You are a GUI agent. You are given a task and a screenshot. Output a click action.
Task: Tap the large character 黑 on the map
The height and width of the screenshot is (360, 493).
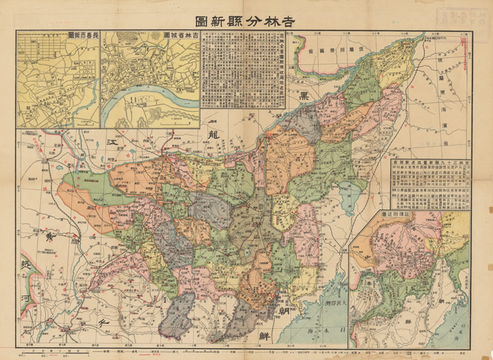pos(304,96)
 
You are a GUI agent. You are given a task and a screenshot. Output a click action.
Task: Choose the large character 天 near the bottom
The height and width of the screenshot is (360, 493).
pos(104,321)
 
